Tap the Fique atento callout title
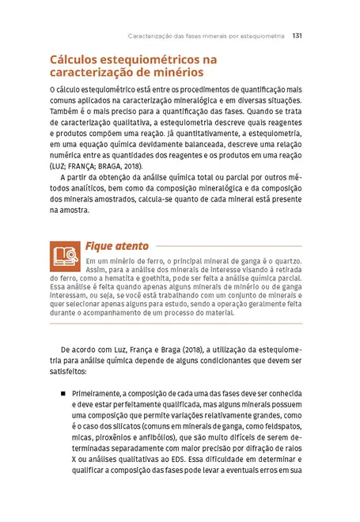point(116,246)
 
